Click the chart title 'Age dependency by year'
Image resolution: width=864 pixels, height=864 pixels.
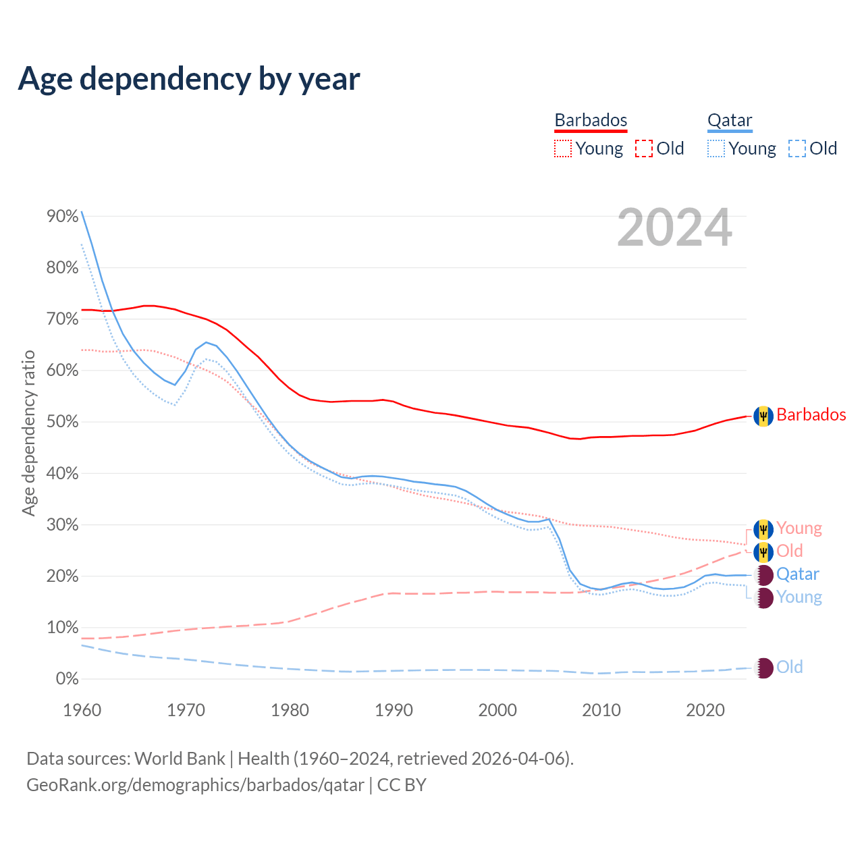click(189, 79)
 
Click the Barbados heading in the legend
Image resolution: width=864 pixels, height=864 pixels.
click(591, 120)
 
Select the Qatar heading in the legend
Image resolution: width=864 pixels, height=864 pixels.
click(730, 120)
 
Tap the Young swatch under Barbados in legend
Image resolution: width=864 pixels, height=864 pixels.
click(562, 148)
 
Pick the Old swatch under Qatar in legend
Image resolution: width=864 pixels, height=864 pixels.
click(797, 148)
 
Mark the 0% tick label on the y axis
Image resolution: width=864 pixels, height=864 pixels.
click(67, 679)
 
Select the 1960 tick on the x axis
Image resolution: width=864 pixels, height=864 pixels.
click(82, 710)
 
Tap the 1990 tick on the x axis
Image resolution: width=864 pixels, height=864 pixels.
click(394, 710)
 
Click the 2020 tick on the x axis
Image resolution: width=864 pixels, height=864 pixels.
click(705, 710)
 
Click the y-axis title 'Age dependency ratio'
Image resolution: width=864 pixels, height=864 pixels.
click(28, 433)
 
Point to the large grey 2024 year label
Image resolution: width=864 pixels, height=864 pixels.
click(674, 228)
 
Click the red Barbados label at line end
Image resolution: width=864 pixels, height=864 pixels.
click(811, 414)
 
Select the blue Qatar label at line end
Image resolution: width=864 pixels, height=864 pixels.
click(797, 574)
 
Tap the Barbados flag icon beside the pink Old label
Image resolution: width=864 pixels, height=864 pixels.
click(763, 552)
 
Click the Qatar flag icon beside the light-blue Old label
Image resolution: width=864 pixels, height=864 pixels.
click(763, 668)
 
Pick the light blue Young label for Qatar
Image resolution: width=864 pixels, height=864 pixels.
click(799, 597)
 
